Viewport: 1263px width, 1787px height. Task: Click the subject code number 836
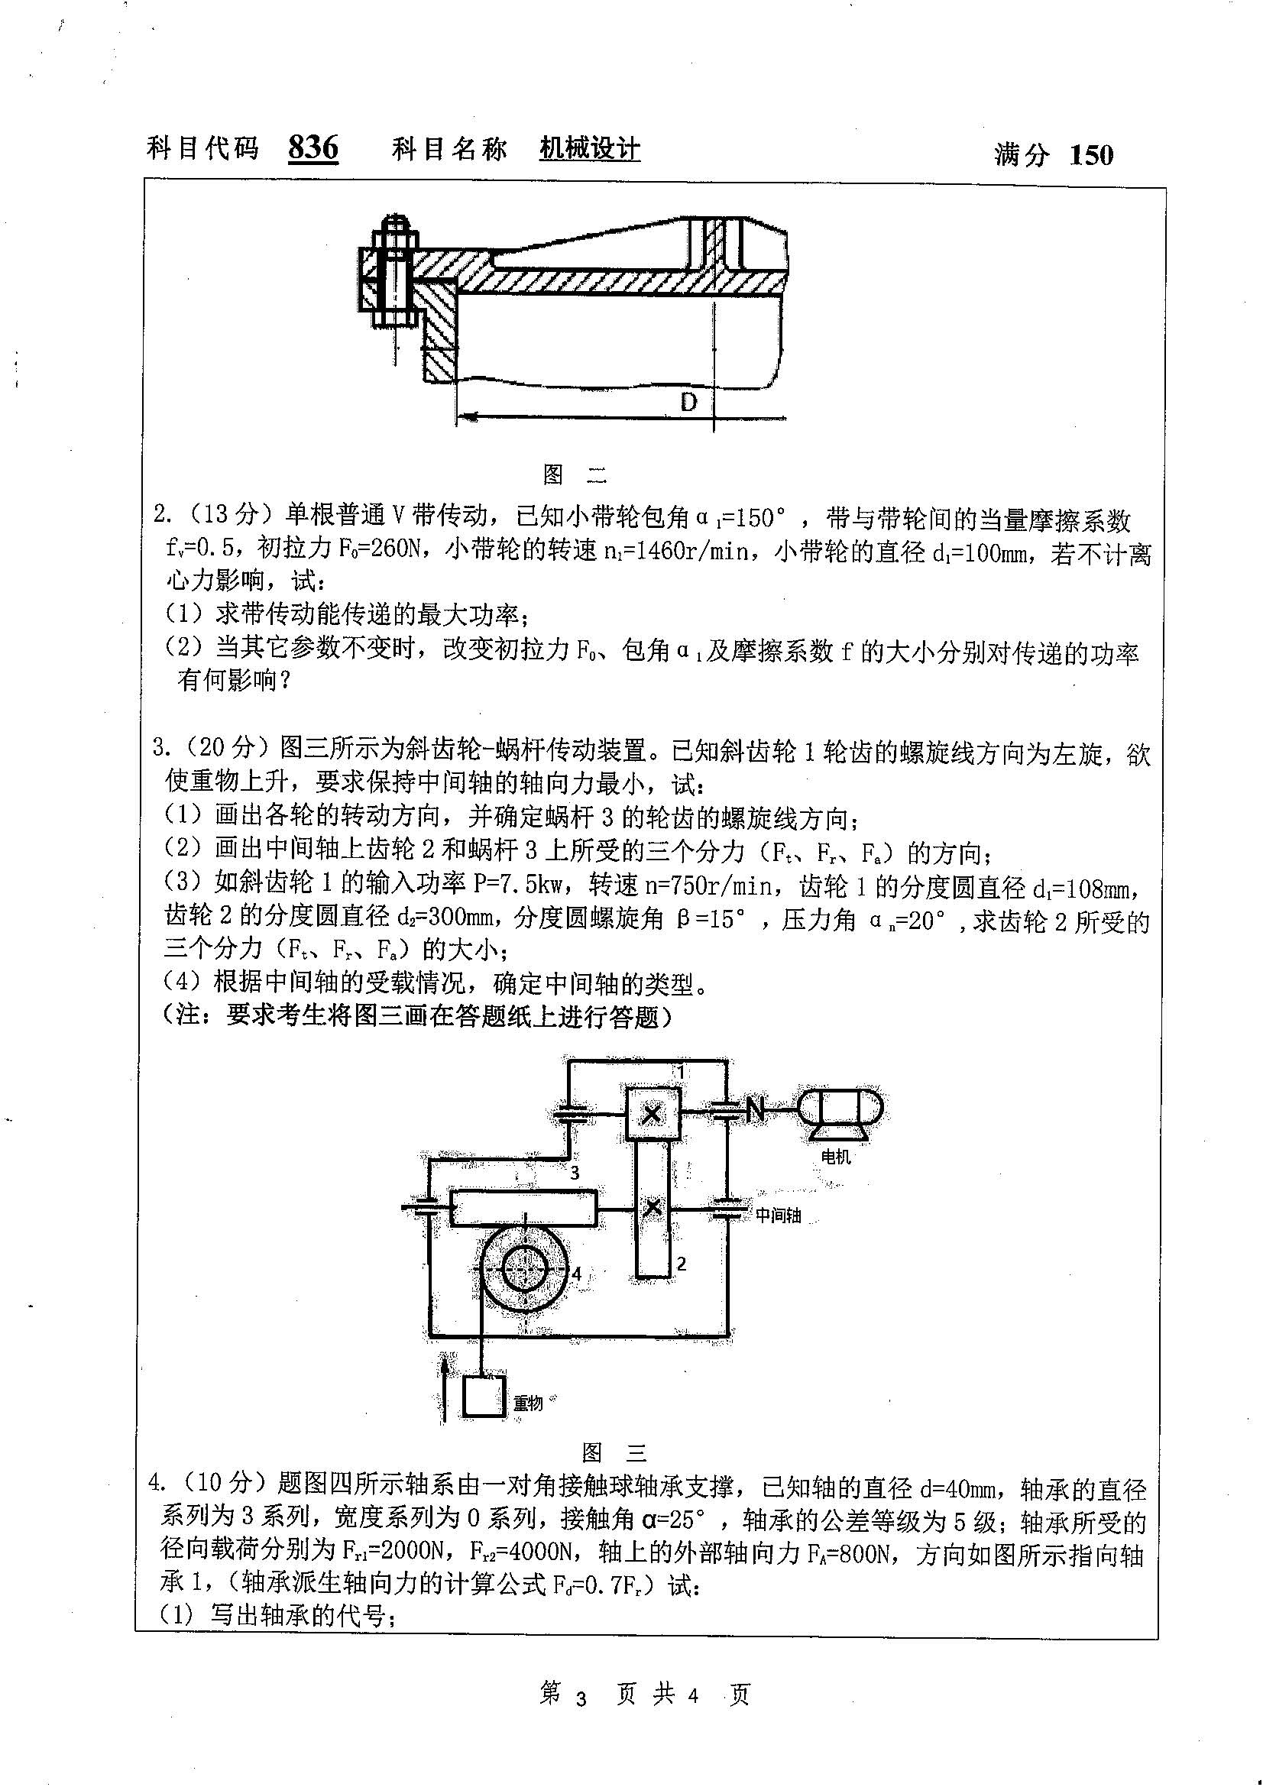pos(313,147)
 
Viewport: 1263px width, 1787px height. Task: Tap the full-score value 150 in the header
pos(1091,155)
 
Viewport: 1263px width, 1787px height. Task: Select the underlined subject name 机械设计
pos(590,148)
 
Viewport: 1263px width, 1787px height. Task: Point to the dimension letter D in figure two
pos(688,402)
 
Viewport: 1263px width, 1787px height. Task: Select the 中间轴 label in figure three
pos(778,1215)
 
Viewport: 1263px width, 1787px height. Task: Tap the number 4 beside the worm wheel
pos(576,1274)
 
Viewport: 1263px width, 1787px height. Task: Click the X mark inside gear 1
pos(652,1115)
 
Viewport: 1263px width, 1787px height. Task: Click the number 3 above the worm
pos(575,1172)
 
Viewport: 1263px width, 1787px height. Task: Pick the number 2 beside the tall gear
pos(682,1263)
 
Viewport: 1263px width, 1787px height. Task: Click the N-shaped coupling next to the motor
pos(755,1110)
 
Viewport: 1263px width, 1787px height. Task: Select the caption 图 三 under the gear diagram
pos(614,1452)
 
